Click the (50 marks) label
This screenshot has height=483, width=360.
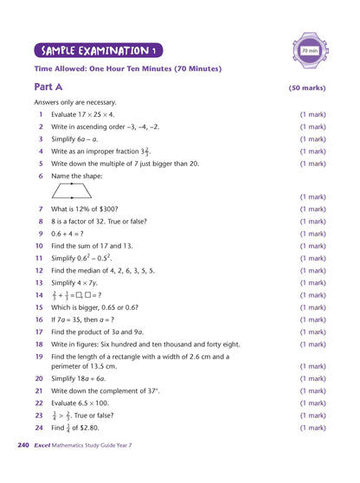[306, 88]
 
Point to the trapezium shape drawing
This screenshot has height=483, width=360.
[72, 191]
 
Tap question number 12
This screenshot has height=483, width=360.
[39, 270]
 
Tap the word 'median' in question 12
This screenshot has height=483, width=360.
[89, 270]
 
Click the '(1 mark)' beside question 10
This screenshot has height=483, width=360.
[312, 246]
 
